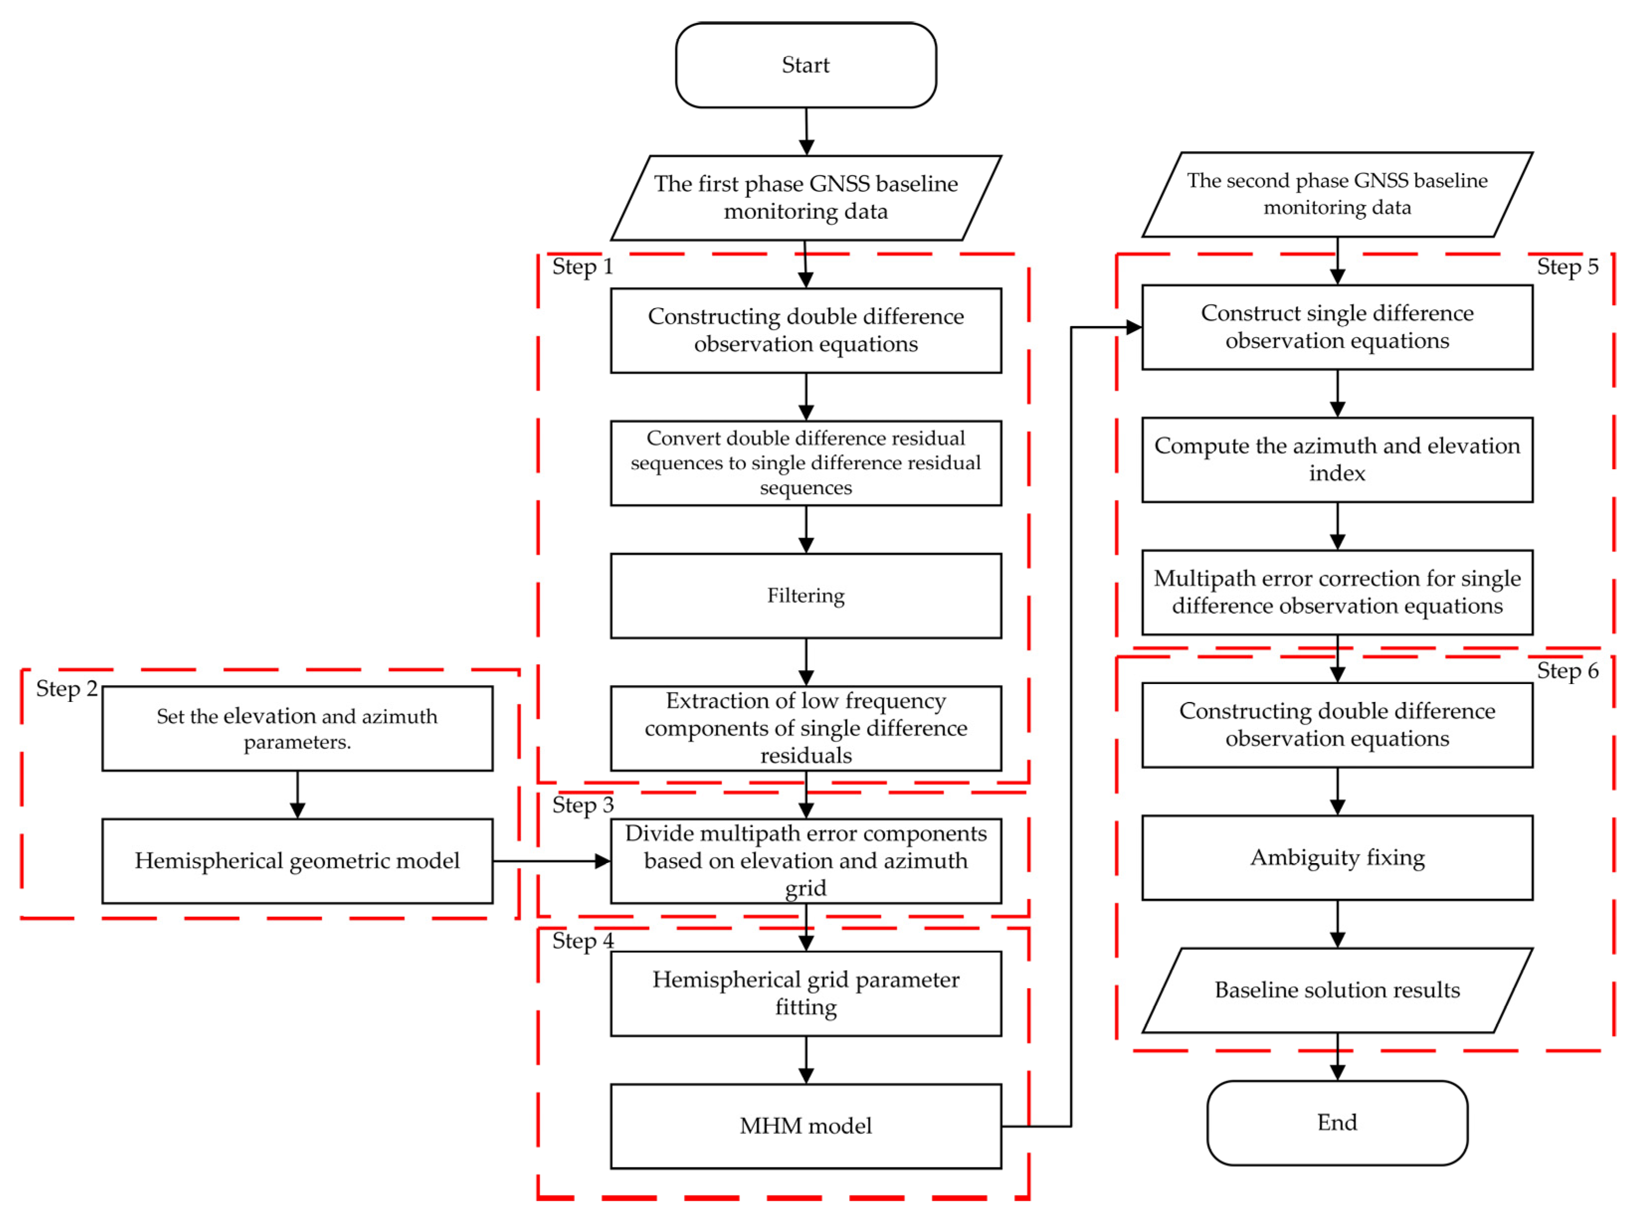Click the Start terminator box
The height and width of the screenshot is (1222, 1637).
[x=805, y=65]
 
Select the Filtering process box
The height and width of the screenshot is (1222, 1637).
[x=805, y=596]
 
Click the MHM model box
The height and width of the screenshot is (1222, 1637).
[x=805, y=1126]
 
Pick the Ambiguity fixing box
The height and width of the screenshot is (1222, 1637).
[x=1337, y=857]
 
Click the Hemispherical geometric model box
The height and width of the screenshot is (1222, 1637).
[x=297, y=860]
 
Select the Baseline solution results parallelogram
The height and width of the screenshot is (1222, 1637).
[x=1337, y=990]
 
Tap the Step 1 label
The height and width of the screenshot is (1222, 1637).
[x=582, y=266]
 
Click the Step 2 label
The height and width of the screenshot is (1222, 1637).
[x=67, y=689]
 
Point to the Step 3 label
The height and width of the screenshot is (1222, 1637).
[x=582, y=805]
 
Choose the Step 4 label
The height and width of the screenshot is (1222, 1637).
[x=582, y=941]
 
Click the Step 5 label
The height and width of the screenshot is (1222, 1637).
[x=1567, y=266]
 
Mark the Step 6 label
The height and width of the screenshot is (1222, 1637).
[x=1567, y=671]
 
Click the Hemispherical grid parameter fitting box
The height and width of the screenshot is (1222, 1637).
[x=805, y=993]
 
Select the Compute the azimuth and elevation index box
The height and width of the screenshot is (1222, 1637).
[x=1337, y=459]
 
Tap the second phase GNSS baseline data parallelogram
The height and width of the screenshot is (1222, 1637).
[x=1337, y=194]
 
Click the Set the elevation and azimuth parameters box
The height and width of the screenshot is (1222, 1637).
[x=297, y=729]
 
